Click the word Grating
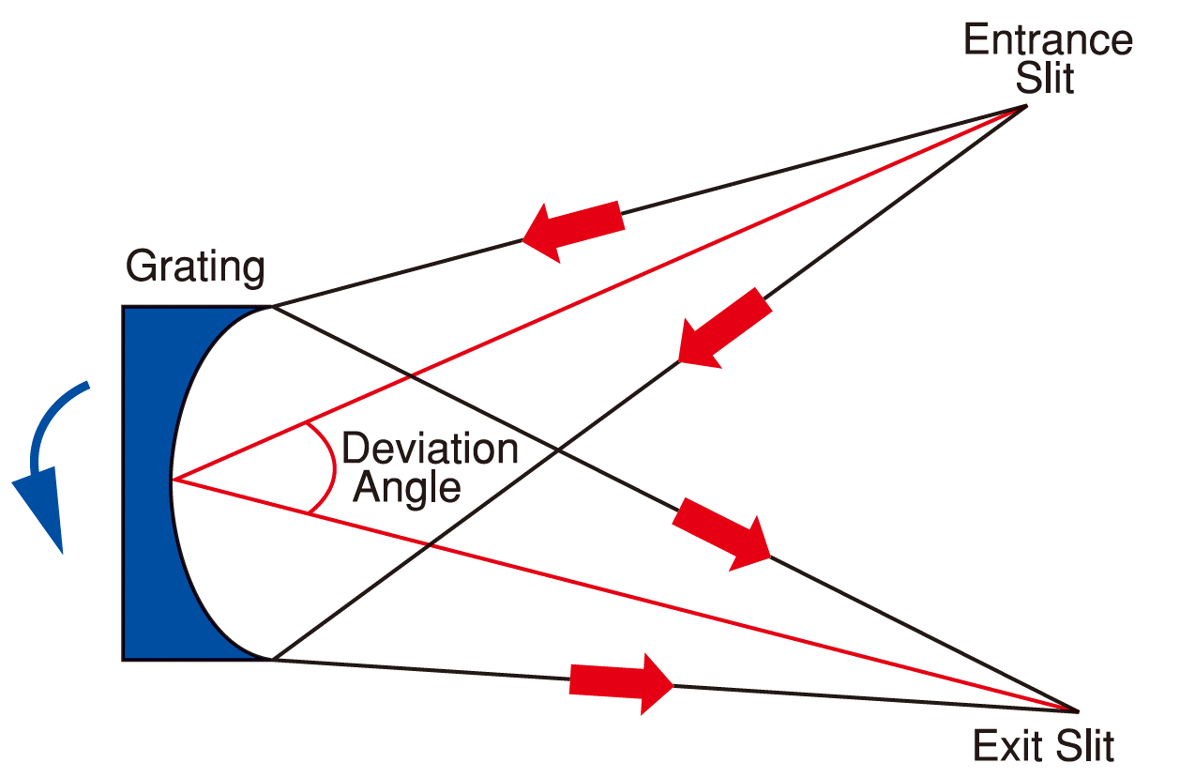tap(195, 267)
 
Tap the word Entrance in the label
tap(1048, 41)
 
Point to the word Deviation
tap(430, 450)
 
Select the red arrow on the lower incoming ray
tap(722, 328)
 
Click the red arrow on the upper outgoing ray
tap(722, 533)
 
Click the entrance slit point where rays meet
tap(1024, 106)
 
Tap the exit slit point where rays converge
tap(1079, 710)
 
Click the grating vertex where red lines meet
tap(172, 481)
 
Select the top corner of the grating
tap(271, 306)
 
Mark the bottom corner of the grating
tap(271, 660)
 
